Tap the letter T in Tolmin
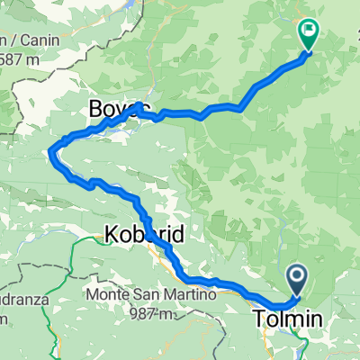point(258,318)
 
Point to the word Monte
point(109,294)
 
